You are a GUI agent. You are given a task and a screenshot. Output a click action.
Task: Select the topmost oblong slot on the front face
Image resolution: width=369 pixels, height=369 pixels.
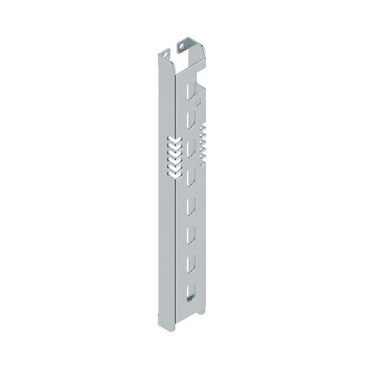click(x=191, y=90)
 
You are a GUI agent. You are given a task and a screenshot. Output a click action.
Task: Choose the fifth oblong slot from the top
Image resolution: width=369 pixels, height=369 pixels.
click(x=191, y=205)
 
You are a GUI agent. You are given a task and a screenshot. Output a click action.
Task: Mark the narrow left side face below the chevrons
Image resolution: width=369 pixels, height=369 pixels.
click(x=167, y=246)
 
